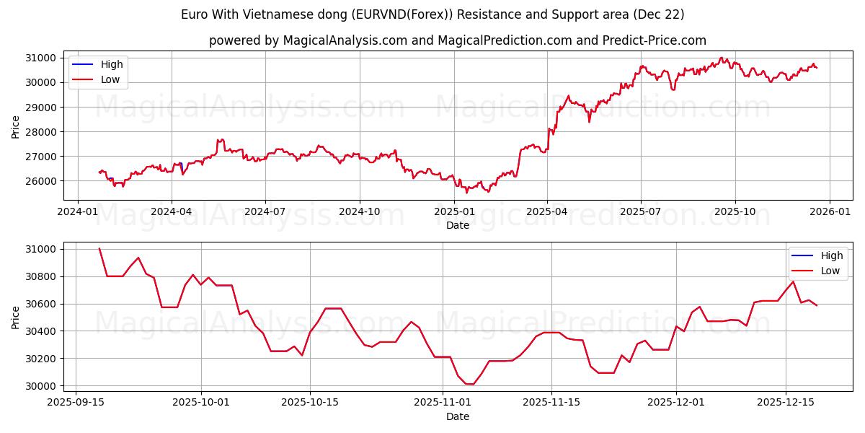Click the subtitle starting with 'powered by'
tap(458, 40)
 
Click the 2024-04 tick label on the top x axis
tap(172, 211)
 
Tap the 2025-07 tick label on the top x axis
tap(641, 211)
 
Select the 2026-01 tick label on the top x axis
tap(829, 211)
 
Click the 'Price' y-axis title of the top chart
tap(16, 126)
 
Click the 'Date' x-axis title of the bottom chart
tap(458, 416)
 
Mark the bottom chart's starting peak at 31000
tap(99, 249)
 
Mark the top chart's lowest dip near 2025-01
tap(466, 192)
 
